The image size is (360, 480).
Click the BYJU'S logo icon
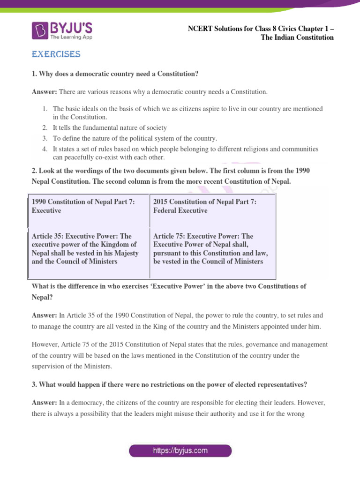(x=39, y=30)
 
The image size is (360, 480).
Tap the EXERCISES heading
(x=56, y=55)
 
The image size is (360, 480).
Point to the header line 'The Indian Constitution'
(x=297, y=37)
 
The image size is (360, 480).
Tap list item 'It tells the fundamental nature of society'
(x=110, y=127)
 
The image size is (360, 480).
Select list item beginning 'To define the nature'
(x=135, y=138)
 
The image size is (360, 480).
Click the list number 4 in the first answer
(x=44, y=149)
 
